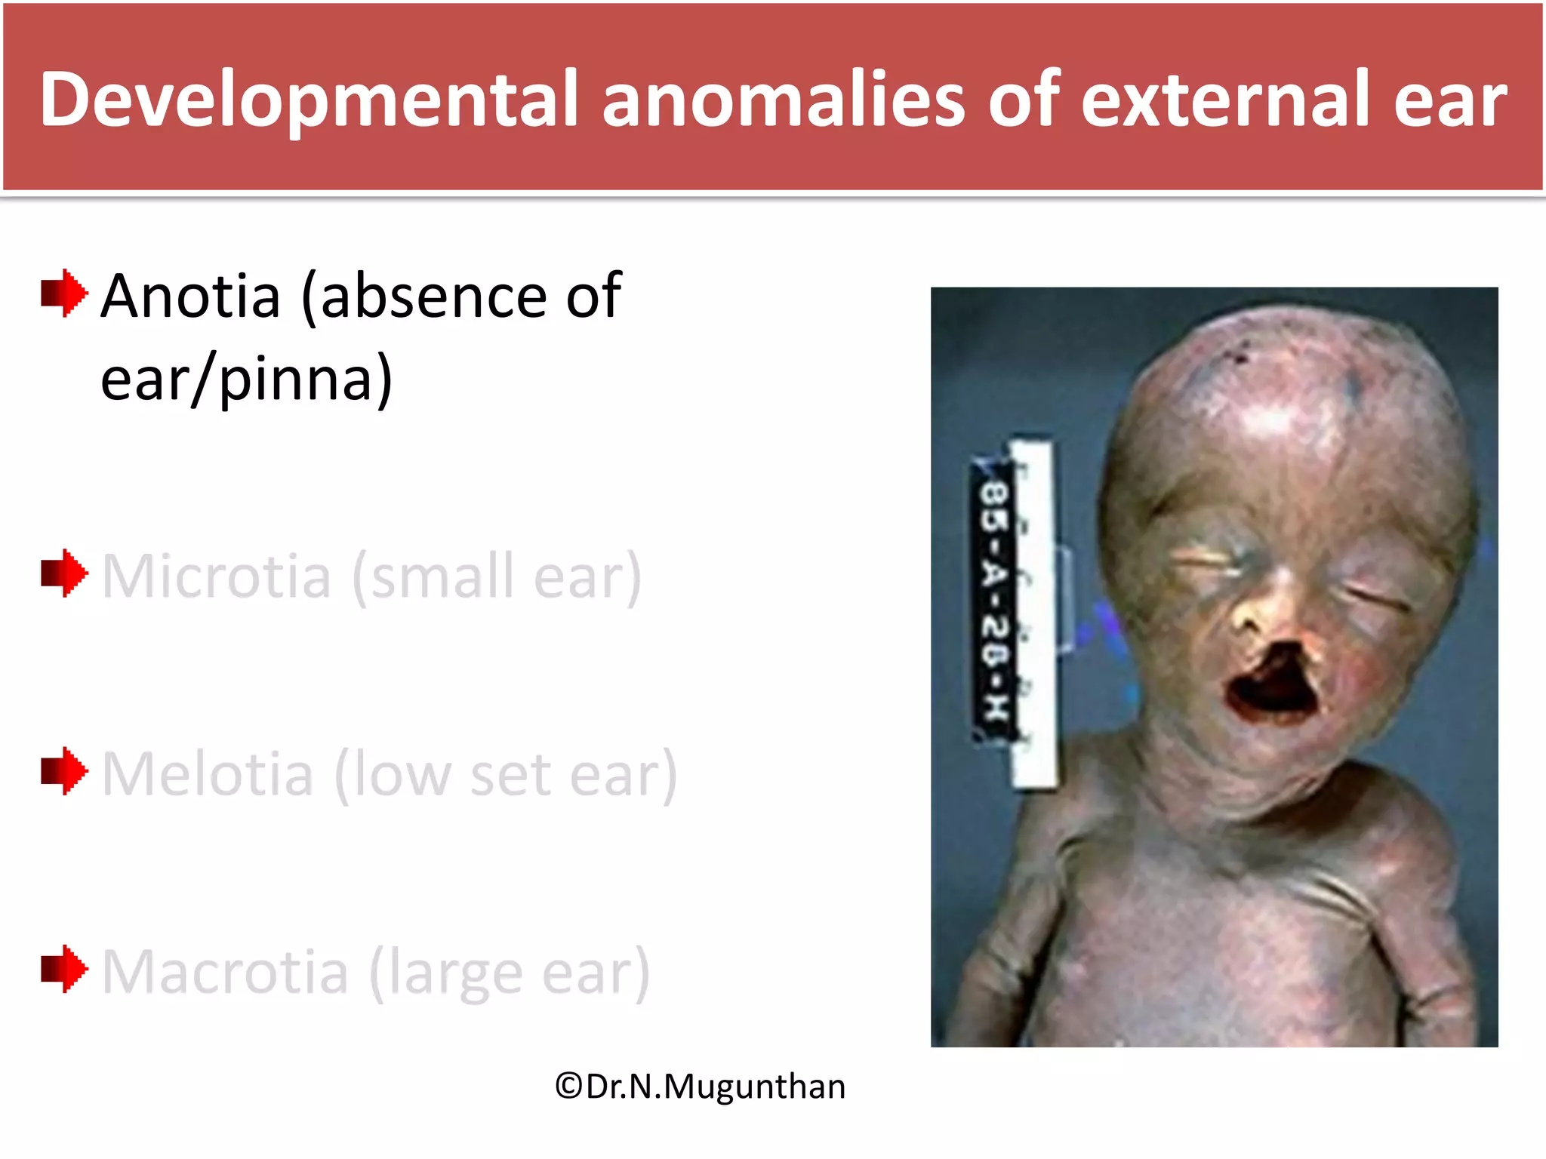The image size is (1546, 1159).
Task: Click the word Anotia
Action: (191, 296)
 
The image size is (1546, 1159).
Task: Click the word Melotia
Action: (208, 774)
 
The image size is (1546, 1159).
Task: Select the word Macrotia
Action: (225, 972)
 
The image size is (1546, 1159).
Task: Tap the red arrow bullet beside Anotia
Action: (64, 293)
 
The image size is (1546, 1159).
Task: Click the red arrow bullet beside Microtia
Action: (64, 573)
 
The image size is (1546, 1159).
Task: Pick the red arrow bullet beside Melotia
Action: (64, 771)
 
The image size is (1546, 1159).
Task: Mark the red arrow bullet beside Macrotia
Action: (64, 969)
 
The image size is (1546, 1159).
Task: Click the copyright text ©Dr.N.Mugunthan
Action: (700, 1087)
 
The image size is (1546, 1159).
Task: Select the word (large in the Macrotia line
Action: (446, 972)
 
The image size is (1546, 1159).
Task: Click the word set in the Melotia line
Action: (510, 774)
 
